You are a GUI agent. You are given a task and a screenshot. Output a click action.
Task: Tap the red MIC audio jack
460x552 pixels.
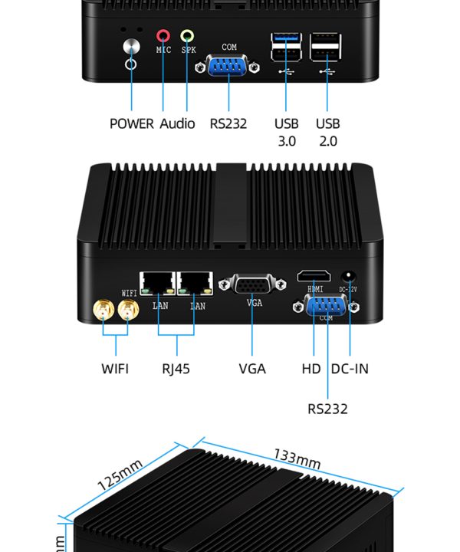pyautogui.click(x=163, y=35)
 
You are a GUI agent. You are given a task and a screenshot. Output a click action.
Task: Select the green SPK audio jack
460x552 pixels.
pyautogui.click(x=187, y=35)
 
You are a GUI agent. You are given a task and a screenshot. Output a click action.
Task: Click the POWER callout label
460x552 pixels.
pyautogui.click(x=131, y=123)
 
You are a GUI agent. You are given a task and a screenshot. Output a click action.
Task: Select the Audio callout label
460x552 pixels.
pyautogui.click(x=177, y=123)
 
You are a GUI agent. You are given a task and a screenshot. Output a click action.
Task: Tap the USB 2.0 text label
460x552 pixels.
pyautogui.click(x=327, y=132)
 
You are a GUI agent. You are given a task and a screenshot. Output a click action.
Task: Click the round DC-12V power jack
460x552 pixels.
pyautogui.click(x=350, y=276)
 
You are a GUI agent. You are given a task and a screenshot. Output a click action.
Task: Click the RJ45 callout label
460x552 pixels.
pyautogui.click(x=176, y=369)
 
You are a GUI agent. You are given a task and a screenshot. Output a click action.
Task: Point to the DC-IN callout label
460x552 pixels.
pyautogui.click(x=350, y=369)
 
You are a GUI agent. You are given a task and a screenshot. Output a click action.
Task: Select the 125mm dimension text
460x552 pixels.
pyautogui.click(x=120, y=475)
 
